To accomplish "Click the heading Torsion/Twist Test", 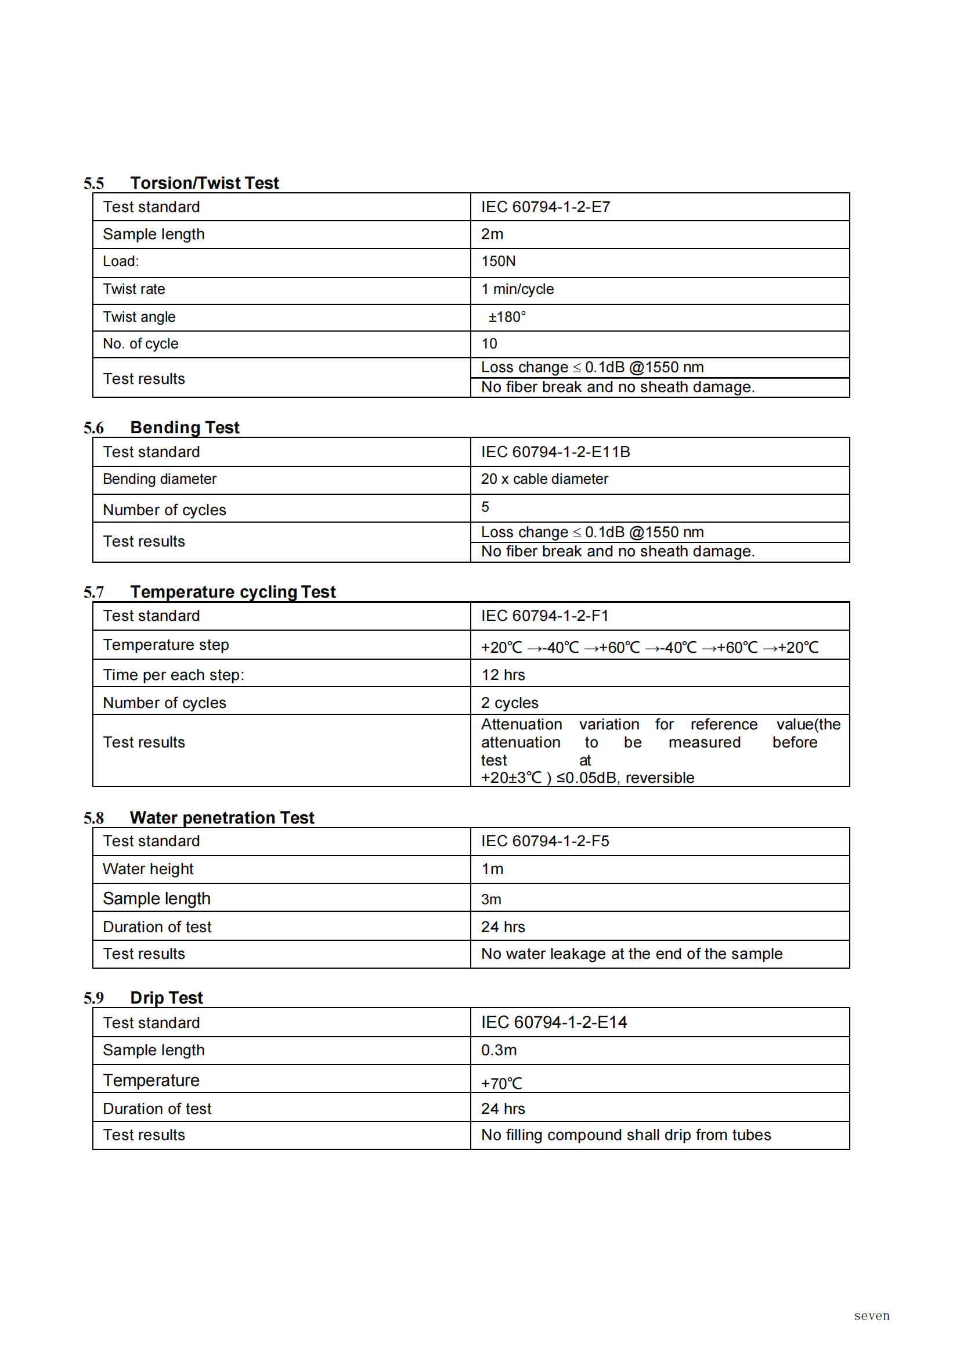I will tap(204, 183).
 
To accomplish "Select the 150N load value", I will tap(498, 261).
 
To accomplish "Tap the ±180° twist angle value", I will tap(507, 317).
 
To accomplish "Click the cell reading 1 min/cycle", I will tap(518, 289).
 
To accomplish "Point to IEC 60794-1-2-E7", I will tap(546, 207).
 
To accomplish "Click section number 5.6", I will tap(93, 428).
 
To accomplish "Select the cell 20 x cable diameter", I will tap(544, 479).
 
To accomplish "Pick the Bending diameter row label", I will tap(160, 479).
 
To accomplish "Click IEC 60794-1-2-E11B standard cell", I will tap(555, 452).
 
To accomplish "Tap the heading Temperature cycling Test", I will tap(233, 592).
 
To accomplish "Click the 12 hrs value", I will tap(503, 675).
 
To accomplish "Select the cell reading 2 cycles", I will tap(509, 703).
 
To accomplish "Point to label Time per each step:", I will tap(174, 675).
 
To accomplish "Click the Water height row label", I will tap(148, 869).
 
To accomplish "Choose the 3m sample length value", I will tap(491, 900).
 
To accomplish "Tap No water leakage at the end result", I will tap(631, 954).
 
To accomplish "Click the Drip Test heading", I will tap(166, 998).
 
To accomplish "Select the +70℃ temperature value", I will tap(501, 1083).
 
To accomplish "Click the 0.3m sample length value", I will tap(499, 1050).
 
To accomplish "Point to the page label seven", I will tap(871, 1315).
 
